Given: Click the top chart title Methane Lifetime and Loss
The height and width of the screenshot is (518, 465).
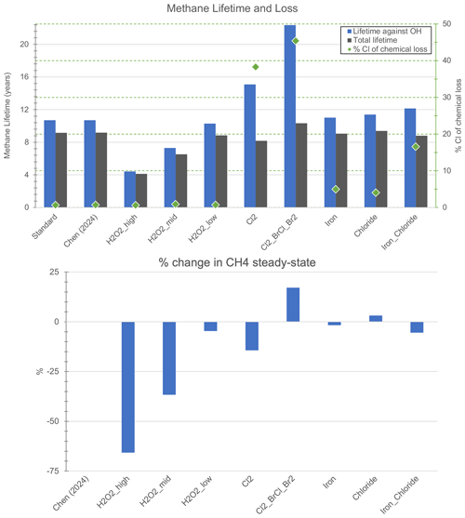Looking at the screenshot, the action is (232, 8).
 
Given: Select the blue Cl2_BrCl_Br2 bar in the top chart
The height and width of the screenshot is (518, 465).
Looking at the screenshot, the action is (290, 116).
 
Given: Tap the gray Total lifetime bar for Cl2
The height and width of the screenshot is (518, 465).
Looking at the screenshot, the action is (261, 174).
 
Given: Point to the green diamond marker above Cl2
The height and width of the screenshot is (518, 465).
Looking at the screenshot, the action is (256, 67).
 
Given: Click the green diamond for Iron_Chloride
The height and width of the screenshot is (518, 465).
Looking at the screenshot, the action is (416, 147).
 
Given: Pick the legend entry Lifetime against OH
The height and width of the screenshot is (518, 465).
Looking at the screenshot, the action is (385, 32).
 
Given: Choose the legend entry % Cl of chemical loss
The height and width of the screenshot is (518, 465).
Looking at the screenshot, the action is (388, 49).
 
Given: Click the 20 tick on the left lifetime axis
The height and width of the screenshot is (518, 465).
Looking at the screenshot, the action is (24, 44).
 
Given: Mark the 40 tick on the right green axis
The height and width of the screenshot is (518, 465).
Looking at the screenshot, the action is (446, 60).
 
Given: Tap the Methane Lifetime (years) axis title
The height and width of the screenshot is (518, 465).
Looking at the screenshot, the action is (7, 115).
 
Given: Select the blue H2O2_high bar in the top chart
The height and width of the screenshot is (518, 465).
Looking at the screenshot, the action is (130, 190).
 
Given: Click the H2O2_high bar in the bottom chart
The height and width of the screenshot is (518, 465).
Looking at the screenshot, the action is (128, 387).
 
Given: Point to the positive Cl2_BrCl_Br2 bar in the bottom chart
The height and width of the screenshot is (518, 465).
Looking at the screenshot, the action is (293, 305).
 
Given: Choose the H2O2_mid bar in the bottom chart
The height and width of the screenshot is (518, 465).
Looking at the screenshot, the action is (169, 358).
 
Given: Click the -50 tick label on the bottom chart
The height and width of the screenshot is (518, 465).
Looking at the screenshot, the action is (53, 421).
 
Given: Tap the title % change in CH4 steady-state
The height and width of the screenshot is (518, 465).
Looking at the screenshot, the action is (237, 262).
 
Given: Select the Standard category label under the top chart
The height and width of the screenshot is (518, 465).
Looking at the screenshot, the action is (45, 227).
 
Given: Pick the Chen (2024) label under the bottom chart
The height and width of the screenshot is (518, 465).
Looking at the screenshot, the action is (72, 493).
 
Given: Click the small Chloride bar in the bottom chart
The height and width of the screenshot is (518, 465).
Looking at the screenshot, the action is (376, 318).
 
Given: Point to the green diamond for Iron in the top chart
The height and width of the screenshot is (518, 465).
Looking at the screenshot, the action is (336, 190).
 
